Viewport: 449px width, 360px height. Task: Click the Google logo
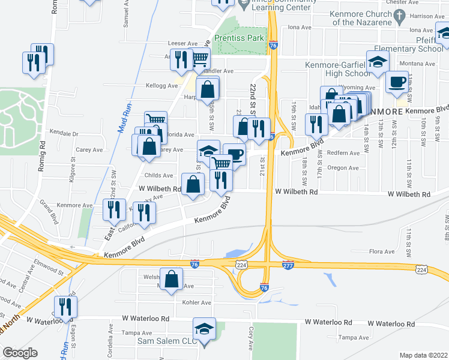coord(20,352)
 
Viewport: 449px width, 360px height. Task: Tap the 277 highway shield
coord(288,265)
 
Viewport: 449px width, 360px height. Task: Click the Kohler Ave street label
coord(197,302)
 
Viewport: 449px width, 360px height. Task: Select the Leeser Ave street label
coord(184,44)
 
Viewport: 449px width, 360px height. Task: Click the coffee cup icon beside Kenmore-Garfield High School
coord(397,81)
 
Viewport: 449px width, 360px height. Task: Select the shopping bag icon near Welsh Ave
coord(172,278)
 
